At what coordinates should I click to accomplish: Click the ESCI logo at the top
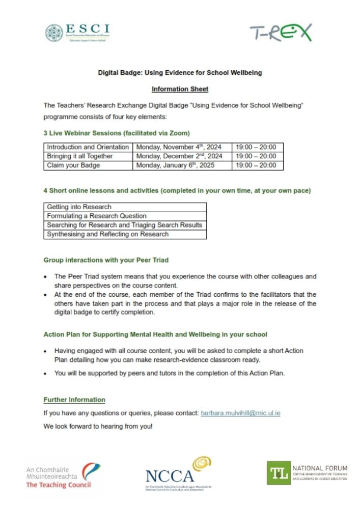(77, 33)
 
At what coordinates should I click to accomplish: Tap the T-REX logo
(281, 33)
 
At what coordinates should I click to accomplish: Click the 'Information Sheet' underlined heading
(180, 89)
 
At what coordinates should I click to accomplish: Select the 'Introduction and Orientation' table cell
(88, 147)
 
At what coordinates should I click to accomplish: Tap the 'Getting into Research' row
(125, 207)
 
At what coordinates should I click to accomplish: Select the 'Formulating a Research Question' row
(125, 216)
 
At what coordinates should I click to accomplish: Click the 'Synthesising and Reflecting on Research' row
(125, 235)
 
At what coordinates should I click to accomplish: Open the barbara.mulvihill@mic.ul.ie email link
(240, 413)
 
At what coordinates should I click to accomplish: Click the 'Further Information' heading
(74, 400)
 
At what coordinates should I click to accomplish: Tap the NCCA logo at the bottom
(178, 473)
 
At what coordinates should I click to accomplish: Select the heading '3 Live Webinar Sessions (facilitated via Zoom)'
(117, 133)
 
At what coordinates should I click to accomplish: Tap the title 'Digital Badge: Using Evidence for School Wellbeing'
(180, 73)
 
